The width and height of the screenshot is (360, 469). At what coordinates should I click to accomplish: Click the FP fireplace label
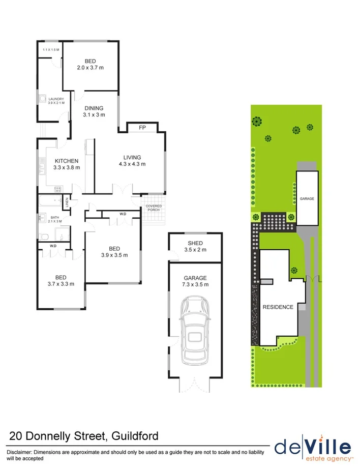[142, 128]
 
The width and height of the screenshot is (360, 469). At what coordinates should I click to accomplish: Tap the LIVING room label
[132, 157]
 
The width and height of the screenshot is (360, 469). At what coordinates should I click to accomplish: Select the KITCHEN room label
[67, 161]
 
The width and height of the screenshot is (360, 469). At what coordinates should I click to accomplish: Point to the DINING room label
[94, 108]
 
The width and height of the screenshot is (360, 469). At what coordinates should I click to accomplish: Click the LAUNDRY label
[56, 99]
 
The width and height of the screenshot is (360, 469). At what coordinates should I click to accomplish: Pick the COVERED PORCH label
[154, 208]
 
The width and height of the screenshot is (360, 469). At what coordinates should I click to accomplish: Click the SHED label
[195, 243]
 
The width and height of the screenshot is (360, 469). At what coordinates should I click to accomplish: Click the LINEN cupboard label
[66, 203]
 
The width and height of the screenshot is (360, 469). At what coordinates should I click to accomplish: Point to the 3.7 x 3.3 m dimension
[61, 284]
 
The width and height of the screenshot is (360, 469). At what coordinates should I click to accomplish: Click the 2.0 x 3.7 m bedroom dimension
[91, 68]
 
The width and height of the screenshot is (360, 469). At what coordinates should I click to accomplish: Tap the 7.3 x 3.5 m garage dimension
[195, 284]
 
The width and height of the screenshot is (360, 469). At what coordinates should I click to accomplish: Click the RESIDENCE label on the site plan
[278, 307]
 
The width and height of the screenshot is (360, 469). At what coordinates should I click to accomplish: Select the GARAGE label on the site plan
[307, 198]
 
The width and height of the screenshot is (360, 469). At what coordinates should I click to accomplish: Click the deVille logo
[313, 447]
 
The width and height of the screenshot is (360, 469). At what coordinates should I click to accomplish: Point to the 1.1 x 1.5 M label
[51, 49]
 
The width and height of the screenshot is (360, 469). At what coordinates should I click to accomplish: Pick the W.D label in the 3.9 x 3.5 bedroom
[123, 214]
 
